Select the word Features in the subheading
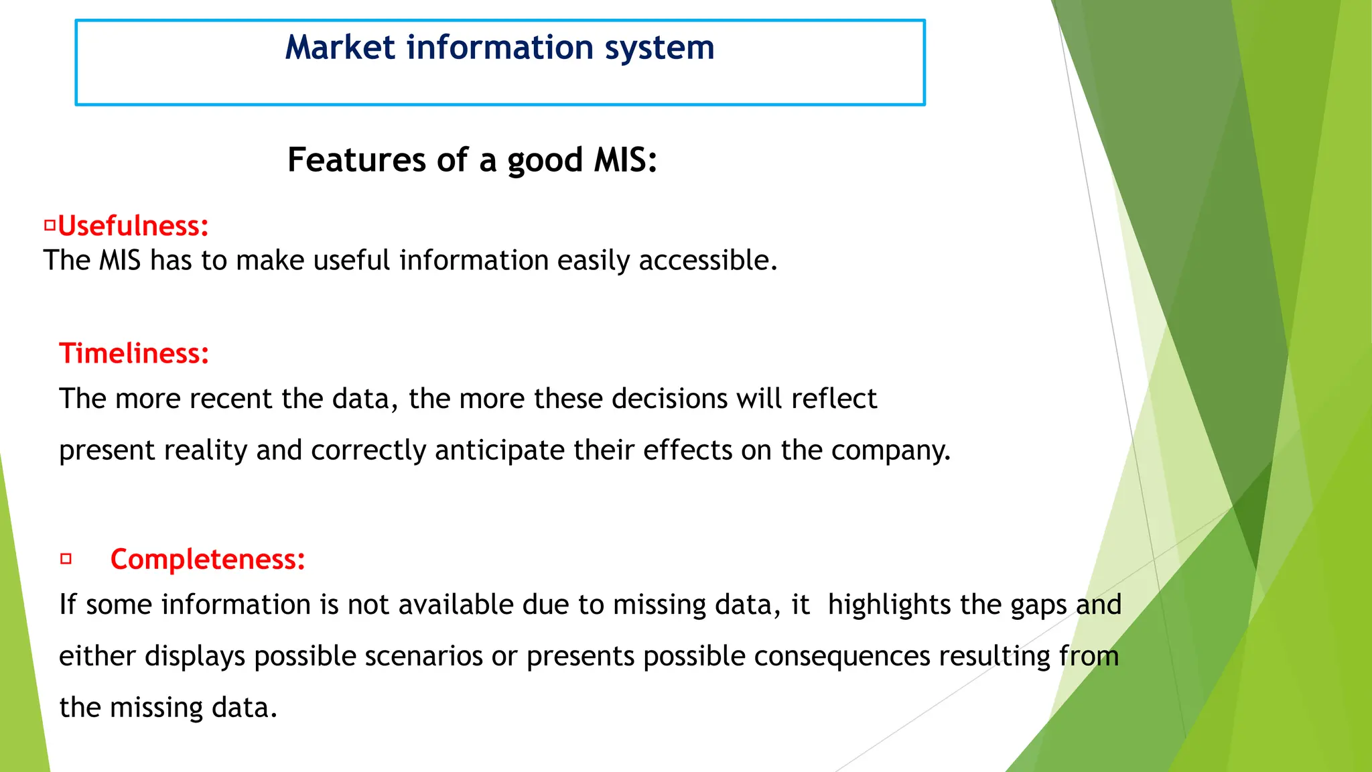[356, 160]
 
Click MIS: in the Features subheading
[626, 160]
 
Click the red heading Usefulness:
[133, 227]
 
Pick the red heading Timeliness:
[134, 354]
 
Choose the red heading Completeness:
[208, 560]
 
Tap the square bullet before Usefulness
[50, 226]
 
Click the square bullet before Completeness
[66, 558]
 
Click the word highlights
[889, 605]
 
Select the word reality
[205, 450]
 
